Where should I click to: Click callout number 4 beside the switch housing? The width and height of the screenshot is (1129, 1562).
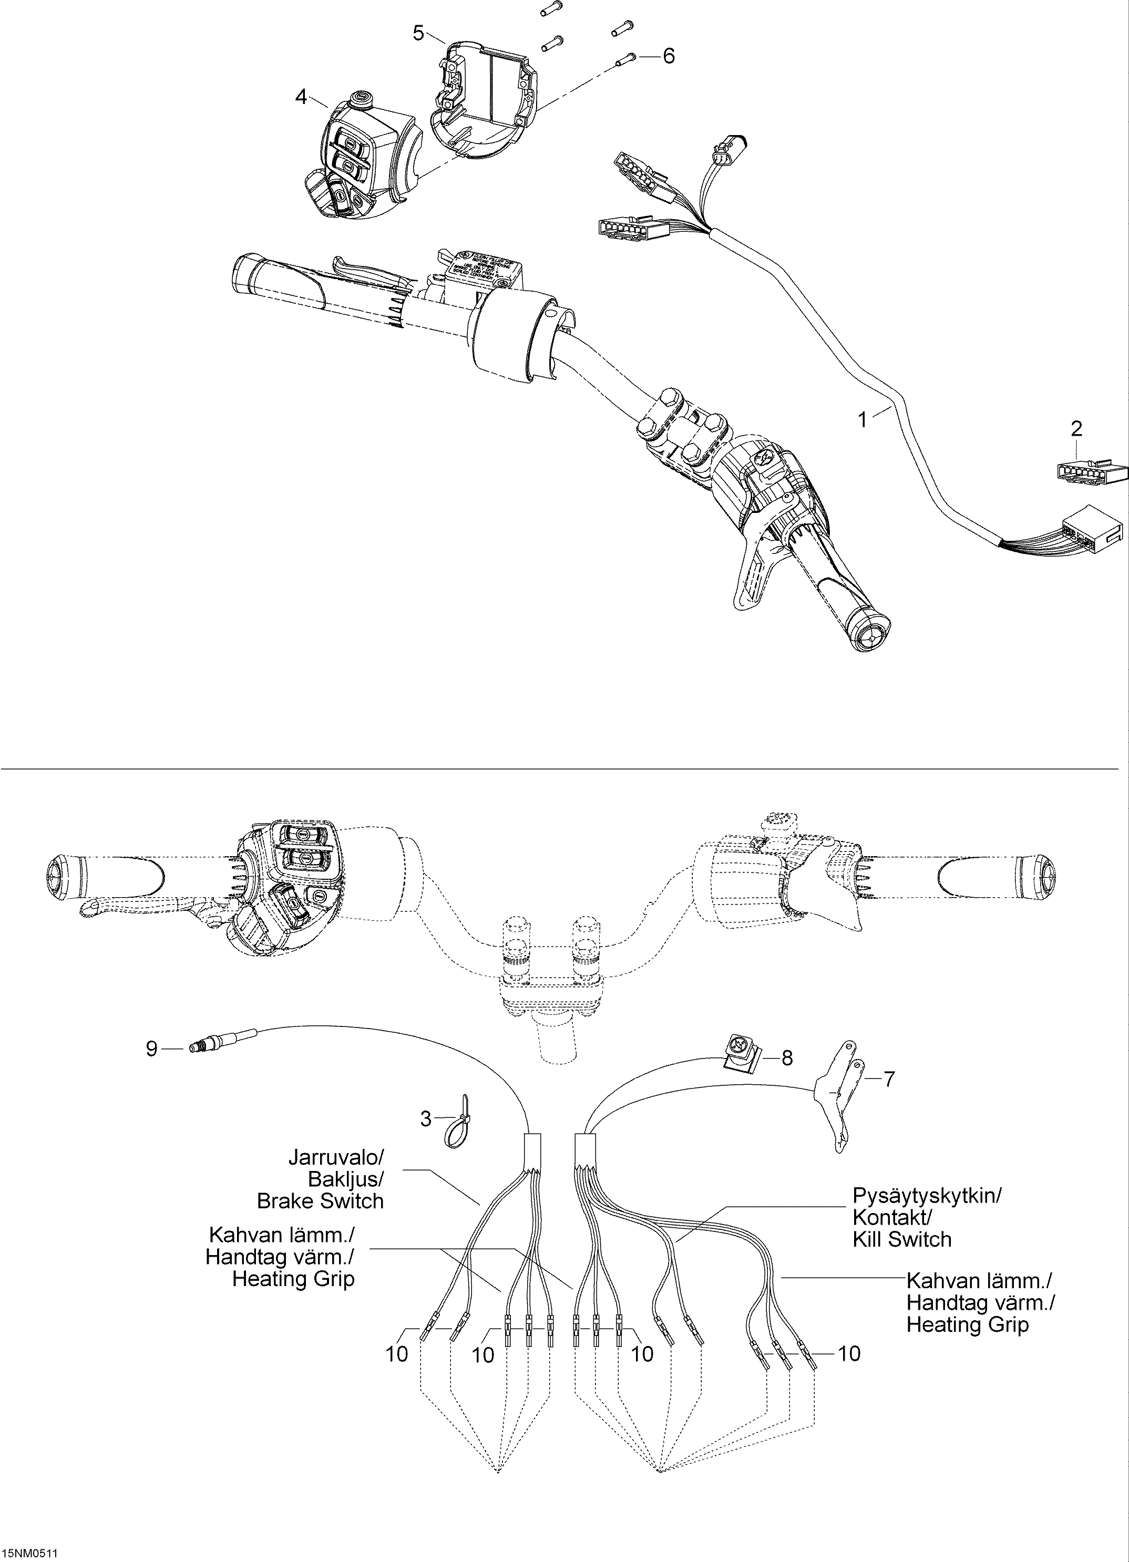point(301,97)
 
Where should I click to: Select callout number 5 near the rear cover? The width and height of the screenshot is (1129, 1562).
point(419,33)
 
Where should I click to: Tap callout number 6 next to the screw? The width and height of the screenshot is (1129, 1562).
point(668,56)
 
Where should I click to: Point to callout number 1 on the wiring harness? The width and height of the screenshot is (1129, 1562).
point(863,419)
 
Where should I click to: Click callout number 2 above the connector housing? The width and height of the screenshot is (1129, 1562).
point(1076,429)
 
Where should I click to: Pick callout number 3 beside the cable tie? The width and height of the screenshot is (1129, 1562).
point(426,1119)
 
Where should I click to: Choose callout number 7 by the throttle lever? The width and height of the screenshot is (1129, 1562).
point(889,1079)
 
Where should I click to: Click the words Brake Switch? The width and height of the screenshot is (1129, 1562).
point(320,1201)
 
